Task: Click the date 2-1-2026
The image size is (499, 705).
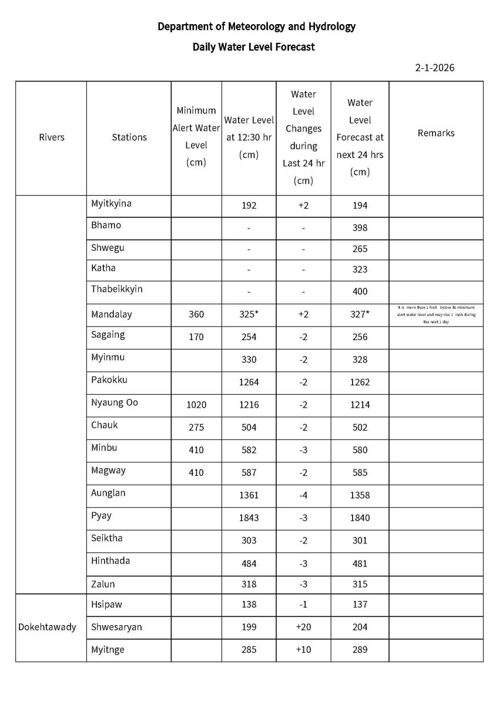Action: tap(434, 68)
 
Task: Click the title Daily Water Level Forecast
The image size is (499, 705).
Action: tap(253, 47)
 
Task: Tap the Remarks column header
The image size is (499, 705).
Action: tap(436, 133)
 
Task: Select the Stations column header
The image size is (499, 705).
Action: tap(129, 137)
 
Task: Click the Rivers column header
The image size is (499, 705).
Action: tap(51, 137)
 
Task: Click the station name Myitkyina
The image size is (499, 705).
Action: tap(111, 203)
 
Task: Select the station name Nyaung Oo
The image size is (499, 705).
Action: tap(114, 402)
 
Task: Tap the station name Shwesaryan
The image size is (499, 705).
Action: tap(116, 627)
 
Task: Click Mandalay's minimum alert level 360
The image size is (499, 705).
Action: tap(196, 314)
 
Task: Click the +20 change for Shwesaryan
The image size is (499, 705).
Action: tap(303, 627)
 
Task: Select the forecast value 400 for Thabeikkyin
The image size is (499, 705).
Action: tap(360, 291)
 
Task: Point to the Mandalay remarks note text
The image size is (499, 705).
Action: tap(436, 314)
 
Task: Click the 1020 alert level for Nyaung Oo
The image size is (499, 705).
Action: tap(196, 405)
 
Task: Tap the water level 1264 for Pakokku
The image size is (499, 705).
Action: tap(249, 382)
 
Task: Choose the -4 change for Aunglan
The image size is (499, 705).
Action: tap(303, 495)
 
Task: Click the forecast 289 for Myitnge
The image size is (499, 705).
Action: tap(360, 650)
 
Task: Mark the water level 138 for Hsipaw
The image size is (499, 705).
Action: tap(249, 604)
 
